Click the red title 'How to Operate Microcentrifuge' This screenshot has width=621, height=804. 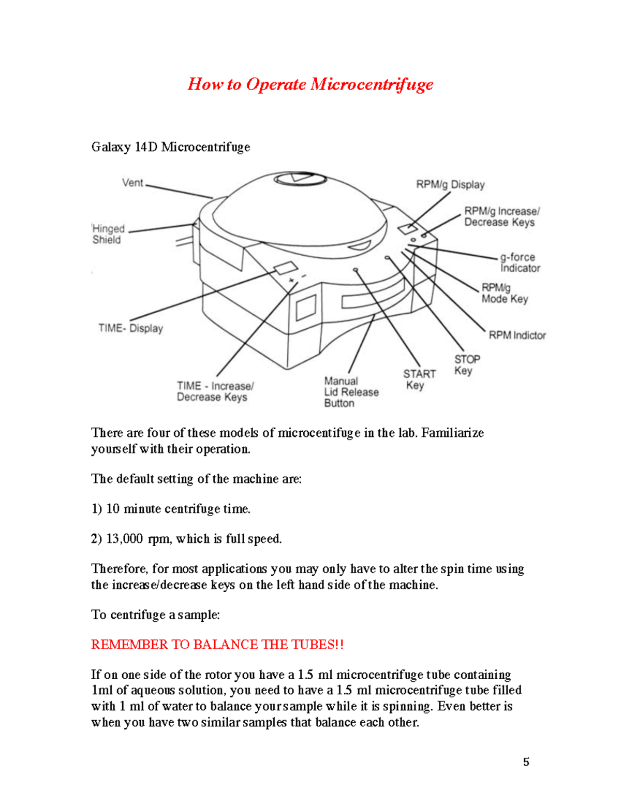tap(310, 84)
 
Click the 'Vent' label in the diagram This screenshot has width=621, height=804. tap(132, 183)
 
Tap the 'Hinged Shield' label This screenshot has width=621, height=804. tap(108, 234)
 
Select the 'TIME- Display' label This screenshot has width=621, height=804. tap(130, 328)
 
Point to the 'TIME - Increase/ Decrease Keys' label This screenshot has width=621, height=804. tap(215, 391)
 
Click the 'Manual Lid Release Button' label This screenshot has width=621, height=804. tap(351, 392)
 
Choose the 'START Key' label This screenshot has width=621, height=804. tap(419, 379)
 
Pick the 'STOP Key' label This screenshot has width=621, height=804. tap(467, 364)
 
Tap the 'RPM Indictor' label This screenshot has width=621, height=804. tap(517, 335)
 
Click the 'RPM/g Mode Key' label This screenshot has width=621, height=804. tap(505, 294)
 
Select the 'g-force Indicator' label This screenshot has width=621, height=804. tap(519, 262)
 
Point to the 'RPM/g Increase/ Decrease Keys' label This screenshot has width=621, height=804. tap(501, 216)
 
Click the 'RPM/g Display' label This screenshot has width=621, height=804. tap(450, 185)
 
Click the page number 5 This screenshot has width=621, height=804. tap(526, 762)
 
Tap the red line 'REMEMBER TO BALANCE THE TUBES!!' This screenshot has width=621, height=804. tap(217, 645)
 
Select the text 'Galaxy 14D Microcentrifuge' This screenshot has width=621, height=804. tap(170, 147)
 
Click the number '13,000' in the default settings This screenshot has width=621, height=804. tap(124, 539)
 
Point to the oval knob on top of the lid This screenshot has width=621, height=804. tap(300, 179)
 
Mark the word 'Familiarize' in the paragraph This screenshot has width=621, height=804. tap(452, 433)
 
